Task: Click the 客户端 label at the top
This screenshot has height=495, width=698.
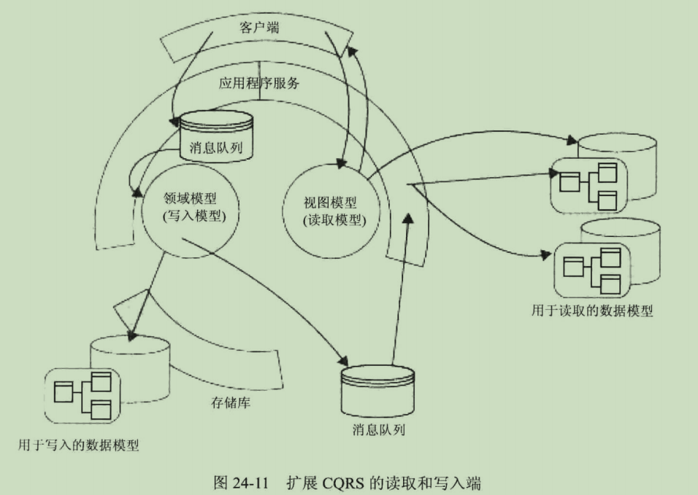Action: (x=258, y=28)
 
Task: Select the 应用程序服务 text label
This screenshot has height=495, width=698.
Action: (x=259, y=82)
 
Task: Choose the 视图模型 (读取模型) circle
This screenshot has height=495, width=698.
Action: (x=333, y=211)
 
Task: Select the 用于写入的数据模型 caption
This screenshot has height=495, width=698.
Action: (x=78, y=444)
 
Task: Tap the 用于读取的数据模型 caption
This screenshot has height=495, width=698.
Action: (x=592, y=311)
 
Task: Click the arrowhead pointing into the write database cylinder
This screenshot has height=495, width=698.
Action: (x=132, y=336)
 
